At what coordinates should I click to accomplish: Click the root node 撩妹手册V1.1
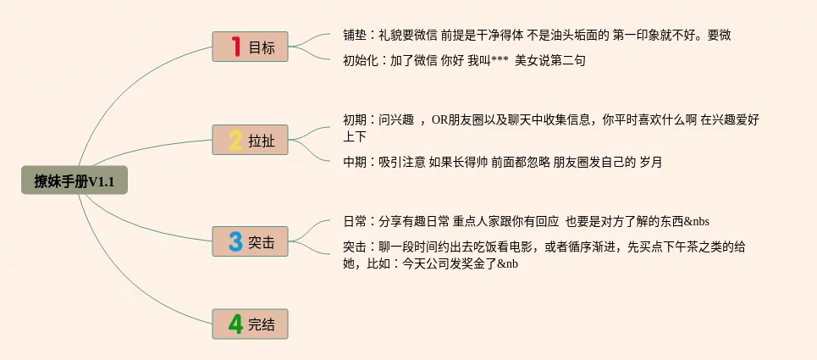(x=75, y=180)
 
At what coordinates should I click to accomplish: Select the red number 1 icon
(x=236, y=47)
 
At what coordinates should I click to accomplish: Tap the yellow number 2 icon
(x=236, y=140)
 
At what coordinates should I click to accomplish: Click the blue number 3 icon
(x=236, y=241)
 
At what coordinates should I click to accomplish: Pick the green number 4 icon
(x=236, y=324)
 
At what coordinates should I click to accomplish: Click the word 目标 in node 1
(x=262, y=47)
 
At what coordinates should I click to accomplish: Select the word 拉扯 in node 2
(x=262, y=141)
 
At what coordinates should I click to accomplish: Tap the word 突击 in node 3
(x=262, y=242)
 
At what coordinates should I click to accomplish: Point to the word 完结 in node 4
(x=262, y=324)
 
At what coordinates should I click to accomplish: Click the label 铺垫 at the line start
(x=355, y=36)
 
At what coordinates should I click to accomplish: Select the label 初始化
(x=361, y=60)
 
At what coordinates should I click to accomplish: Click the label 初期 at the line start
(x=355, y=120)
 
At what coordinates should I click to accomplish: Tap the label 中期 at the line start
(x=355, y=162)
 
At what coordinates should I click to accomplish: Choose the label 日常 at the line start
(x=355, y=222)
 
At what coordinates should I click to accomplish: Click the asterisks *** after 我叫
(x=499, y=61)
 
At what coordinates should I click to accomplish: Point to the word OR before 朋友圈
(x=439, y=120)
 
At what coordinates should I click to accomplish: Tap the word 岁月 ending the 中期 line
(x=651, y=162)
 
